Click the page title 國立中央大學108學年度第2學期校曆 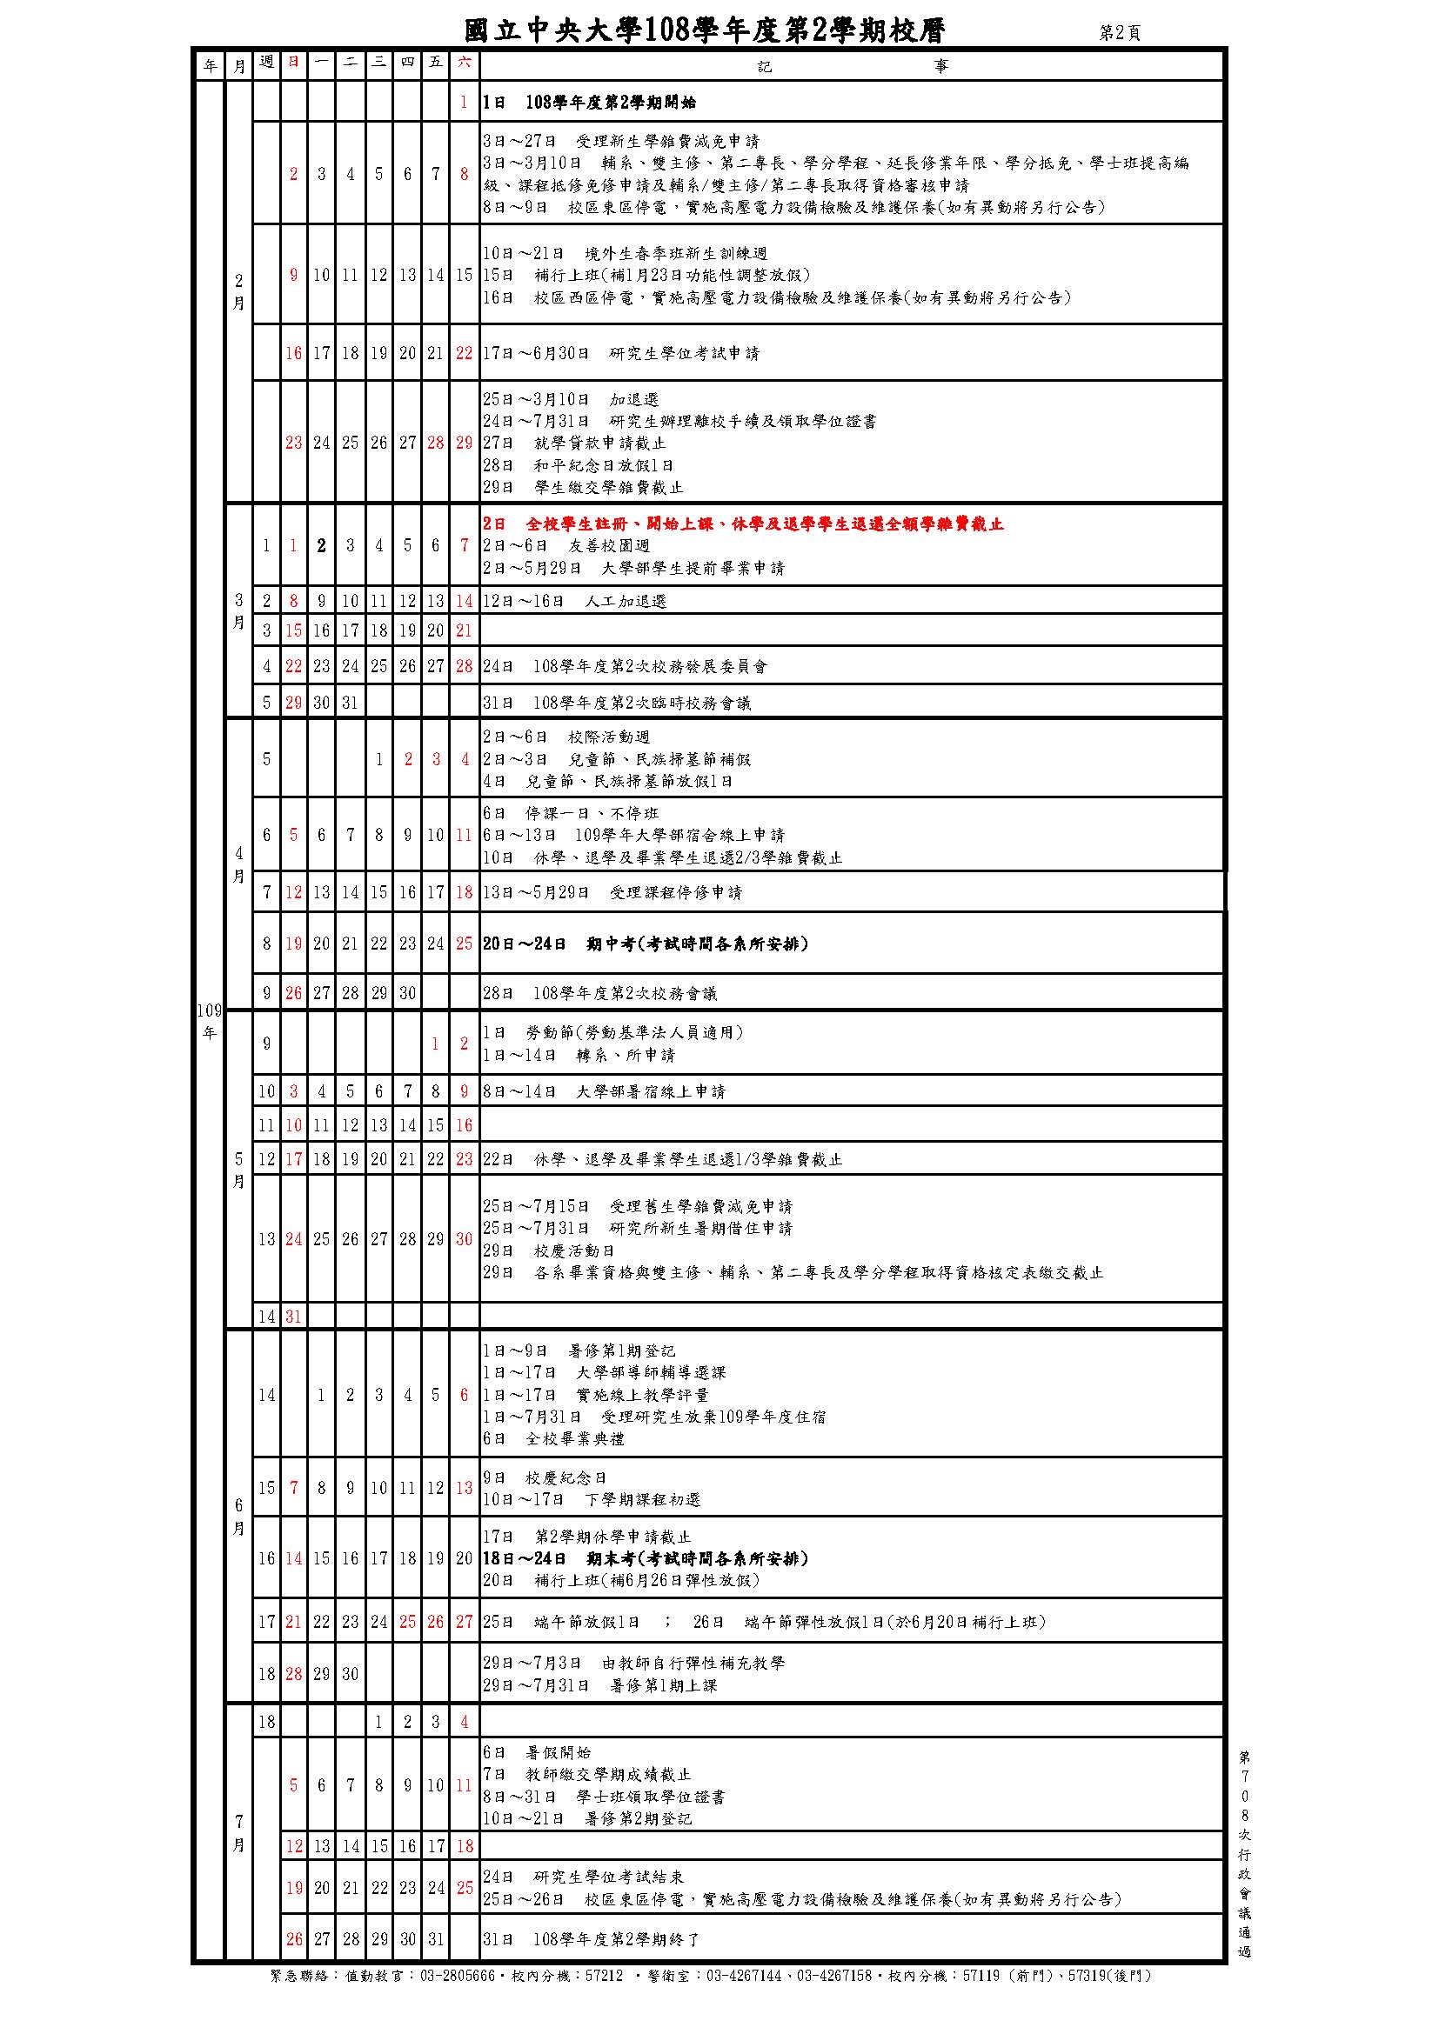coord(705,31)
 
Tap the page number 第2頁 coord(1120,33)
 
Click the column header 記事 coord(852,65)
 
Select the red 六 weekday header coord(465,62)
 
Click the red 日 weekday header coord(293,62)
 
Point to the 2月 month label coord(238,291)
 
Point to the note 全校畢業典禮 coord(574,1438)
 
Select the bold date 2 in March coord(322,546)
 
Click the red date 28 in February coord(435,443)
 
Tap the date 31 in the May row coord(293,1317)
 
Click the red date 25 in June coord(406,1622)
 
